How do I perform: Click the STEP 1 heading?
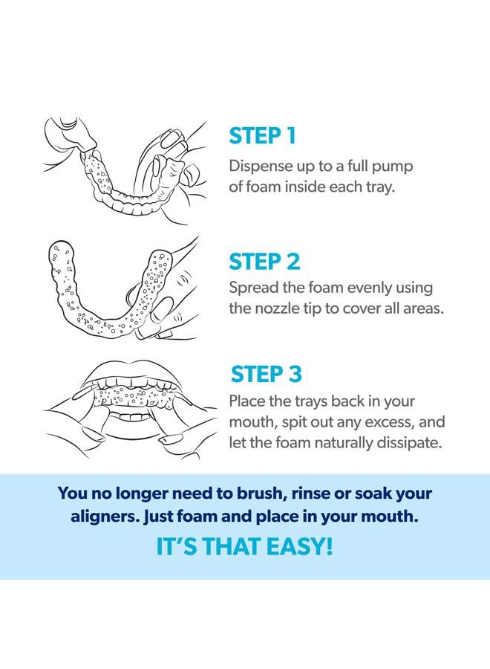pyautogui.click(x=263, y=136)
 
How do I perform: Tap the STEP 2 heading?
pyautogui.click(x=264, y=262)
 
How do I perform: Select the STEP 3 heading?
pyautogui.click(x=266, y=374)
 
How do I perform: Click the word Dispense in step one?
pyautogui.click(x=259, y=165)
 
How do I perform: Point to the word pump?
pyautogui.click(x=397, y=165)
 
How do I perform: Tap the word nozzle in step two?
pyautogui.click(x=279, y=308)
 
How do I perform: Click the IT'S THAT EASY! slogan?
pyautogui.click(x=244, y=547)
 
